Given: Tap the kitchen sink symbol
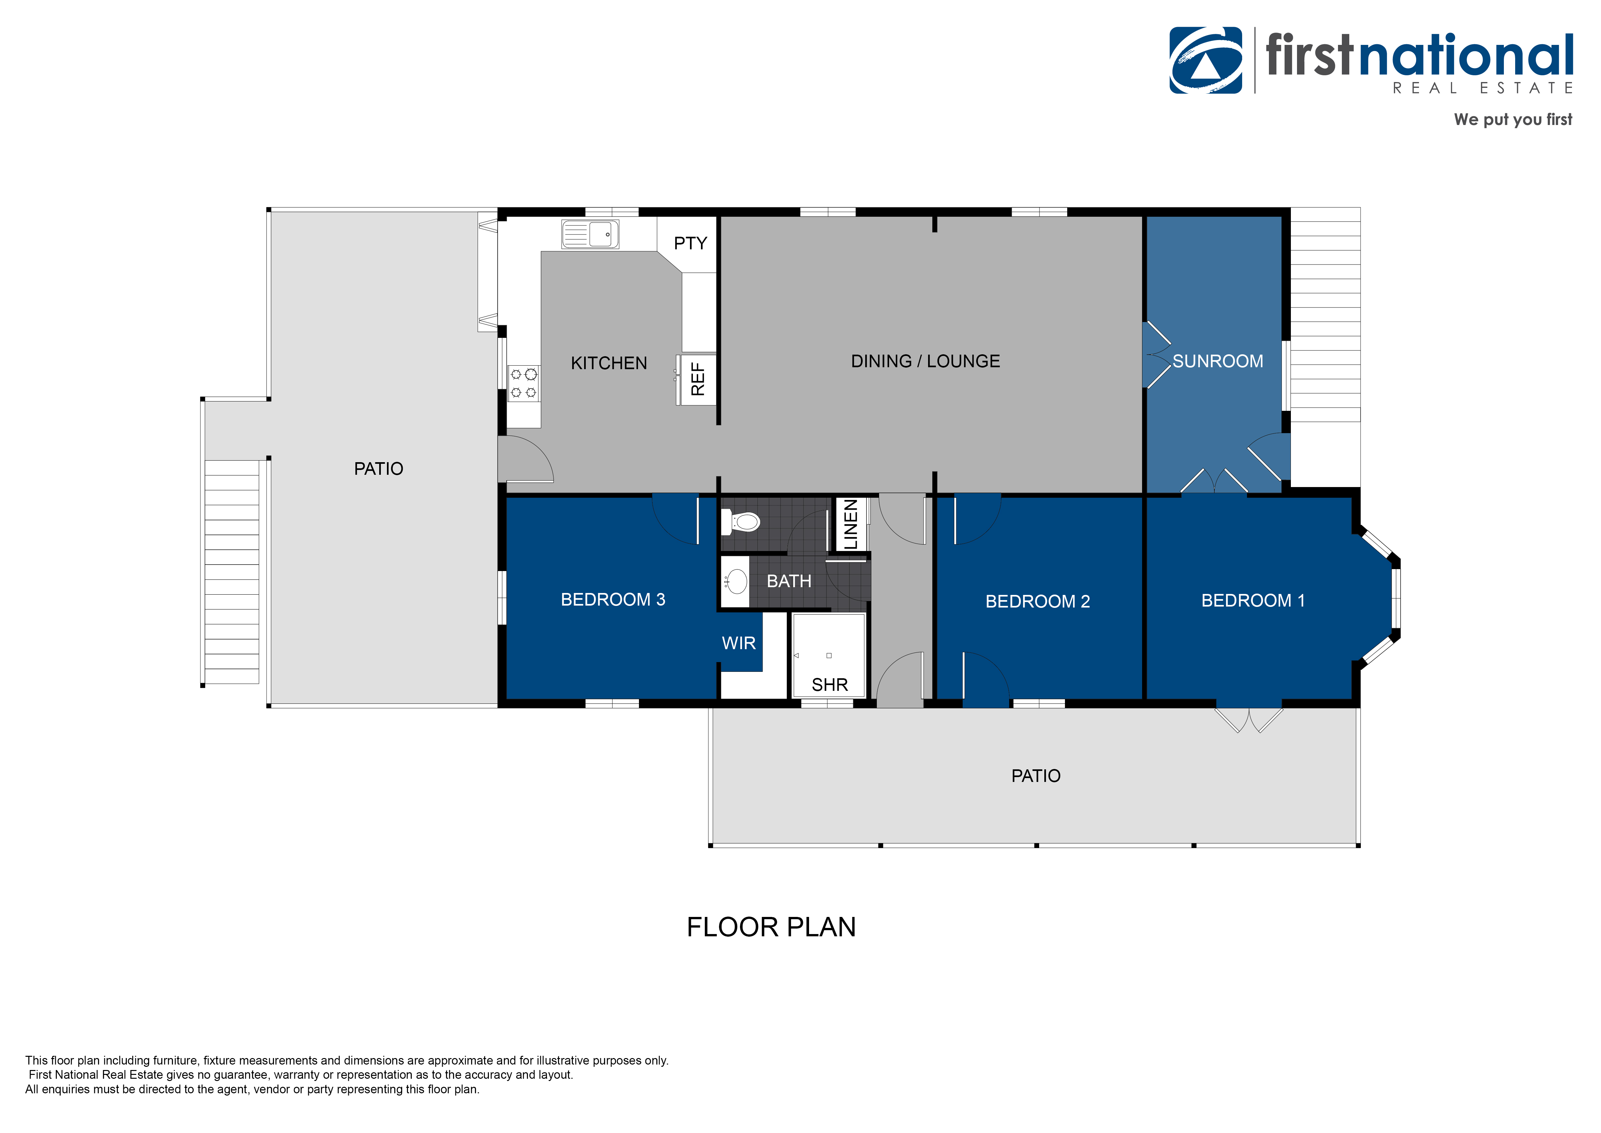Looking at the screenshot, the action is [x=590, y=234].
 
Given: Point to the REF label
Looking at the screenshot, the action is [x=697, y=379].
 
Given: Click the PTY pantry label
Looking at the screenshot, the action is [x=690, y=244].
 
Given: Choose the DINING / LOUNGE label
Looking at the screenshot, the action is [x=925, y=361].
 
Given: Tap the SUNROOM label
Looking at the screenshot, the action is [x=1218, y=361].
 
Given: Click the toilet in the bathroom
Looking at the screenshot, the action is [x=741, y=521].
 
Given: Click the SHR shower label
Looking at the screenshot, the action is [x=830, y=685].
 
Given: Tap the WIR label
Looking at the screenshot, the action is [x=738, y=643].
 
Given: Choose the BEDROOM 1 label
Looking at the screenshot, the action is [x=1253, y=601].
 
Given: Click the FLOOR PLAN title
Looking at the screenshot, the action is [x=771, y=927].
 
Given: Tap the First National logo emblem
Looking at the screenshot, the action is [x=1206, y=61].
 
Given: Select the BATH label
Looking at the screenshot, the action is [x=789, y=581].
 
